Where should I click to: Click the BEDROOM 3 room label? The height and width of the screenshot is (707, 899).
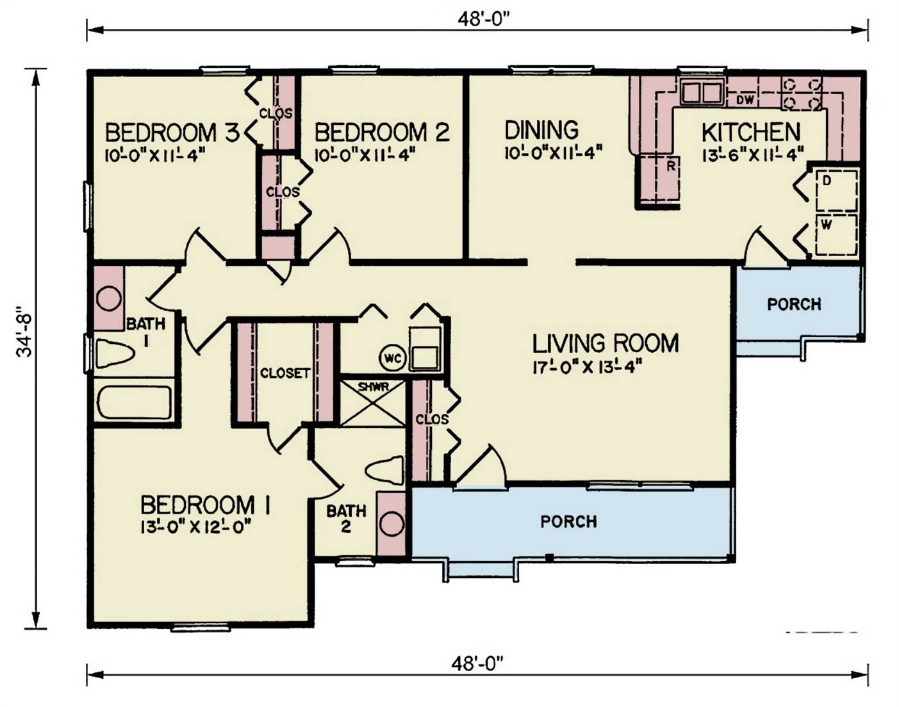(172, 133)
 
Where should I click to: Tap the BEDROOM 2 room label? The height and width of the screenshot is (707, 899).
(382, 133)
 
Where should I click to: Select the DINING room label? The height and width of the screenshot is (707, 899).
(542, 130)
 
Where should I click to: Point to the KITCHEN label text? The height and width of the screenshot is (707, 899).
(751, 133)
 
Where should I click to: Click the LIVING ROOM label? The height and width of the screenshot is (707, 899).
(606, 343)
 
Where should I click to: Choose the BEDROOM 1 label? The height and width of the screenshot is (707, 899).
(205, 505)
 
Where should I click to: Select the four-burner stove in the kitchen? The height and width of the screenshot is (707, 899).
(801, 93)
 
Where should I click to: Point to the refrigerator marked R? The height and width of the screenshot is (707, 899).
(659, 179)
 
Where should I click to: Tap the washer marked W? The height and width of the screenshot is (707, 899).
(837, 234)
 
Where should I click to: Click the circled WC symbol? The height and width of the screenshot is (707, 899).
(393, 358)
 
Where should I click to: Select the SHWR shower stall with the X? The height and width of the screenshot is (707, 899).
(373, 403)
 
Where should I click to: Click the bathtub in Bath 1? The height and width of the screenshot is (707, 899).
(135, 403)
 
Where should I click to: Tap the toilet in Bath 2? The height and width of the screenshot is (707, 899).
(384, 471)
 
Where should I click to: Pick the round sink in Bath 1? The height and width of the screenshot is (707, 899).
(109, 298)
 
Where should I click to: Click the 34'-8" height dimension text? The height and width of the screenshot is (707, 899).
(24, 332)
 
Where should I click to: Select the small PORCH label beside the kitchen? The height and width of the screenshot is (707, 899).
(794, 304)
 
